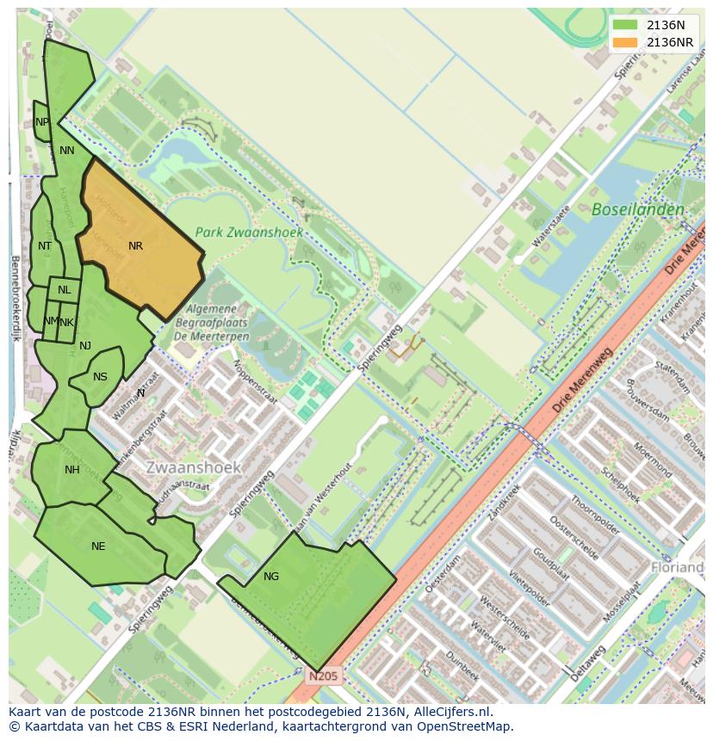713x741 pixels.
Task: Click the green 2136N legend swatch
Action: tap(626, 25)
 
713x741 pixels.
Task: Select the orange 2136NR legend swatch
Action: tap(626, 42)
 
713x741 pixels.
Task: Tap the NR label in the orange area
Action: tap(135, 246)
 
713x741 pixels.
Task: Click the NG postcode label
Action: tap(271, 577)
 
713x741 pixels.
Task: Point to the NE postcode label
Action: tap(98, 546)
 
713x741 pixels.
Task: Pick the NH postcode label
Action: tap(71, 470)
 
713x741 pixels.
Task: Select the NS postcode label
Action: tap(100, 377)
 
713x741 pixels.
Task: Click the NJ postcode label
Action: tap(85, 346)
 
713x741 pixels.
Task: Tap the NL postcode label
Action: tap(65, 290)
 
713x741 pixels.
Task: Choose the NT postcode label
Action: tap(45, 246)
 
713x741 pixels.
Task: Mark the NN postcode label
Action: tap(67, 151)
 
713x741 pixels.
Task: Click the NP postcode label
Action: tap(42, 122)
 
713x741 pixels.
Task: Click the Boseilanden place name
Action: tap(638, 209)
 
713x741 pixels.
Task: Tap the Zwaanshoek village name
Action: tap(194, 467)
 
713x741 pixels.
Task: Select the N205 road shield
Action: tap(325, 676)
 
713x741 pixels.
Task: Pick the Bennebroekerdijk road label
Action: tap(15, 298)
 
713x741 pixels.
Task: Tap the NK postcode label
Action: tap(67, 323)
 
